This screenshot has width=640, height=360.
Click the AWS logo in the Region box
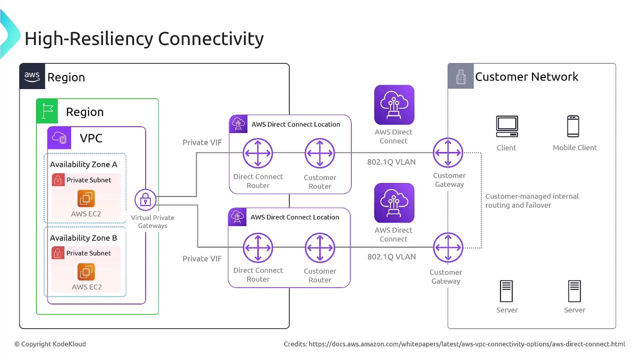point(32,76)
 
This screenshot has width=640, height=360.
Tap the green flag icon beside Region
point(47,111)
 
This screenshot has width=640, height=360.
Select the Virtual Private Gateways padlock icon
point(145,200)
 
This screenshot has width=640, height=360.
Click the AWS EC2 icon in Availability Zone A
point(86,198)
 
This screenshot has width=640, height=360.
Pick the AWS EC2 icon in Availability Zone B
point(86,272)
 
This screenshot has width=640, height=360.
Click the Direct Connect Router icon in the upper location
point(258,153)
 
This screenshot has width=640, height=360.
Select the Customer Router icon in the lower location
point(320,247)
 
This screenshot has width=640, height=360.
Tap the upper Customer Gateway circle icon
point(448,152)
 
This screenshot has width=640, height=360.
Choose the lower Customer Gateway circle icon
point(448,247)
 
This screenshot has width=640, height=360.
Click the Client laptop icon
point(506,126)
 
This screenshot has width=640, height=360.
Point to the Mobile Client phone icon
point(573,126)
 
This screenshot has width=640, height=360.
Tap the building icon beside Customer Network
point(460,76)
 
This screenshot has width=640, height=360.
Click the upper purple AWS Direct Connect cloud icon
point(394,104)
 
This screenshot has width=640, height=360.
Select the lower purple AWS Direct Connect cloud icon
point(394,202)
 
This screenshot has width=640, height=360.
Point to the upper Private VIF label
point(202,142)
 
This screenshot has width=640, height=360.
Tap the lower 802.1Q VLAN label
point(391,256)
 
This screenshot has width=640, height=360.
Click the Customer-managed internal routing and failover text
point(531,200)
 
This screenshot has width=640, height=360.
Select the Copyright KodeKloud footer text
point(50,344)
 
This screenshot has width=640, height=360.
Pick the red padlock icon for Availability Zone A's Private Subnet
point(58,180)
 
